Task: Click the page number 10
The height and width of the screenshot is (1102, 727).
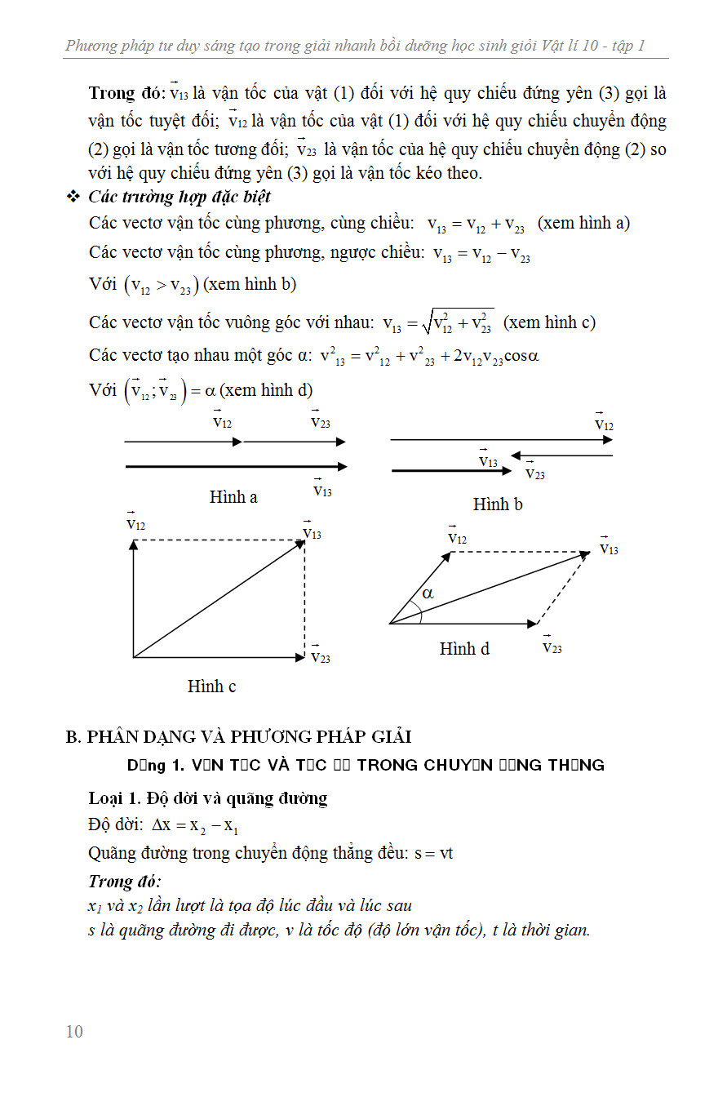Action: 74,1032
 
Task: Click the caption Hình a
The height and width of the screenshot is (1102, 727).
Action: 233,497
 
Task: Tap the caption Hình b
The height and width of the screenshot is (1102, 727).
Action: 498,504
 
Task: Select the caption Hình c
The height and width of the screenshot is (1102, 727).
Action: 211,687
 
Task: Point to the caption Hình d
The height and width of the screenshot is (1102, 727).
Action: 464,649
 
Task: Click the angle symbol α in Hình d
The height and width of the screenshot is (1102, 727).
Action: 428,593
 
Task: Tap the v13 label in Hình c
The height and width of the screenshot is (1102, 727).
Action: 312,531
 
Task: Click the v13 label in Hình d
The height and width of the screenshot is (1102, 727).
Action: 609,548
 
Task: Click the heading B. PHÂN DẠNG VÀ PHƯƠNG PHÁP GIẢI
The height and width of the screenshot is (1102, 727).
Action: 238,736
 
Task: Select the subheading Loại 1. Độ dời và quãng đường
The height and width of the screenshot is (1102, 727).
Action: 207,798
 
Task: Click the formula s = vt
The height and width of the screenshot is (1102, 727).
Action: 433,854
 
